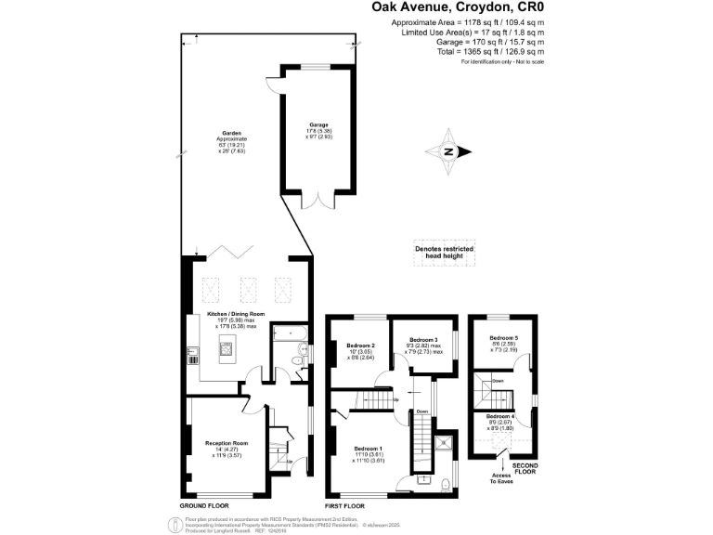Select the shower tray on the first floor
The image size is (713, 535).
443,443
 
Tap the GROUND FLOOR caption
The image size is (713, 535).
204,506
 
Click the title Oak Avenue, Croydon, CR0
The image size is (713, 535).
466,7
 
